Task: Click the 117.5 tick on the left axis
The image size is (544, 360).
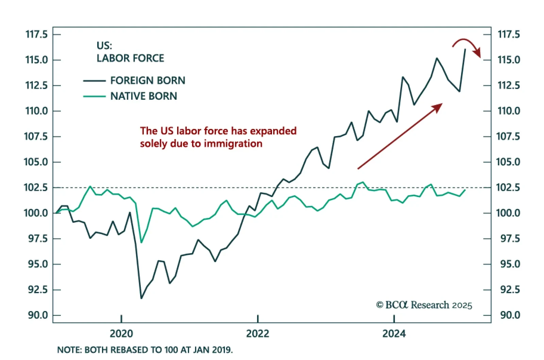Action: click(37, 34)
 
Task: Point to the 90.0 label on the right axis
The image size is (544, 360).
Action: click(510, 315)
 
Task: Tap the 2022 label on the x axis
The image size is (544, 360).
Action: click(257, 333)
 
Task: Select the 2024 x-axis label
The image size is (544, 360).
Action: click(394, 333)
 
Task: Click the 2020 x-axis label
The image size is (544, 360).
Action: click(121, 333)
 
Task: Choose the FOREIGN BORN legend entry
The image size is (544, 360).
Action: click(148, 81)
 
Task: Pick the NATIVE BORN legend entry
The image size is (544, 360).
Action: click(143, 96)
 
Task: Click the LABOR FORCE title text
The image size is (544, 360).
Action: click(130, 58)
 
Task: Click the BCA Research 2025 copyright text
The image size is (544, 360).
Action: click(424, 305)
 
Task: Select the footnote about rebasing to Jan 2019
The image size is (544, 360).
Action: click(145, 350)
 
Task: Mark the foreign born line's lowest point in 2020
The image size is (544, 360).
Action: click(141, 298)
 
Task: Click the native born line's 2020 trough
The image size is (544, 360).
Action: click(141, 242)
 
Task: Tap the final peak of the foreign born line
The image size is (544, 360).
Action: click(465, 50)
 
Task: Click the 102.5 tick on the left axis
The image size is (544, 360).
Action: click(36, 187)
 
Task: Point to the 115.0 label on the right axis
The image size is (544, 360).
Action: click(509, 60)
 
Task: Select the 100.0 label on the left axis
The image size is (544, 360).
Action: click(36, 213)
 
